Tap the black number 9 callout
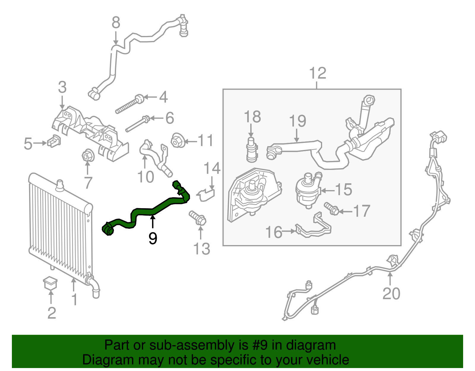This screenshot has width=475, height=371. click(153, 238)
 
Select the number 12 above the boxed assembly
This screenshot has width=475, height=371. click(317, 73)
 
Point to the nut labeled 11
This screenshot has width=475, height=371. click(178, 140)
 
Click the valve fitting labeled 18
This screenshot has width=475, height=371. click(251, 150)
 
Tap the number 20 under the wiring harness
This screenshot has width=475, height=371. click(391, 293)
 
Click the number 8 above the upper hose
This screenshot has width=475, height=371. click(116, 23)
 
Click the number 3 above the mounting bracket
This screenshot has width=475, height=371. click(62, 87)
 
